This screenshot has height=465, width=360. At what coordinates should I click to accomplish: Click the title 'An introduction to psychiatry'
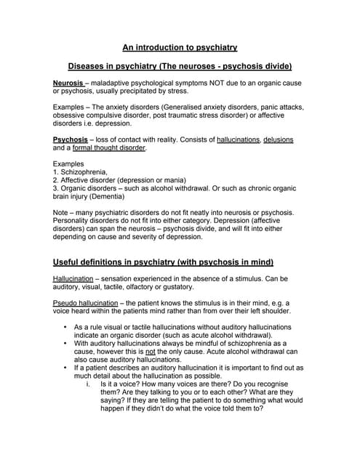point(180,47)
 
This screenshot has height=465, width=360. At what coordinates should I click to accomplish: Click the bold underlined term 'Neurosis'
point(68,84)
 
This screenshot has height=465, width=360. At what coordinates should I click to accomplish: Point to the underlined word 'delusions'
point(279,139)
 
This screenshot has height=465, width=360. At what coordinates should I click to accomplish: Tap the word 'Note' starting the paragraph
point(62,212)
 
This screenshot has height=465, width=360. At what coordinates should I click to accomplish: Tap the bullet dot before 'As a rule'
point(65,328)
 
